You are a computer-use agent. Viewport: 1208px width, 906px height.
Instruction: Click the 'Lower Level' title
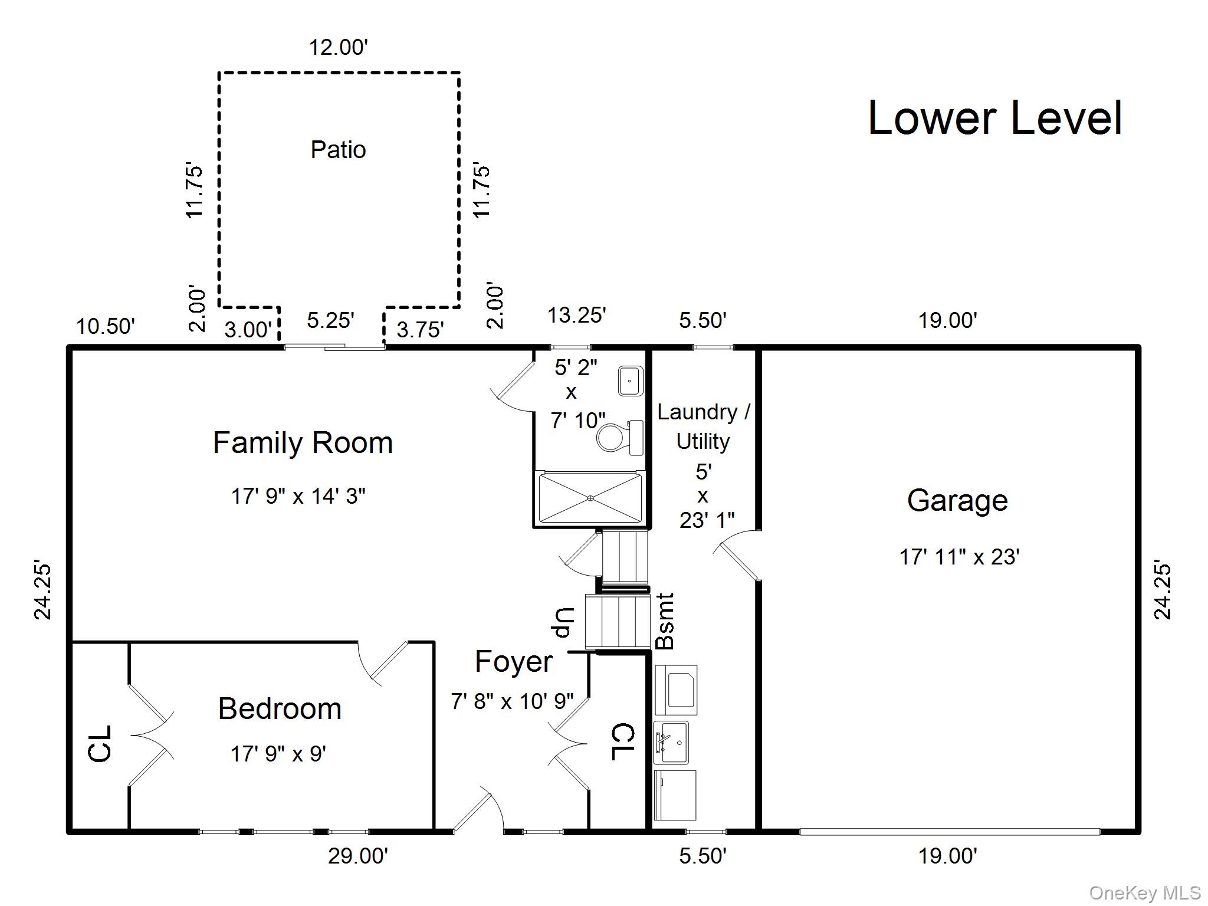click(995, 118)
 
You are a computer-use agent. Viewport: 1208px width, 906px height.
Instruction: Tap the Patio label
click(338, 150)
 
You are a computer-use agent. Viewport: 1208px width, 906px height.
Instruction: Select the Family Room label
click(303, 443)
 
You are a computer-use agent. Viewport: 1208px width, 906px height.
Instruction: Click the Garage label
click(957, 501)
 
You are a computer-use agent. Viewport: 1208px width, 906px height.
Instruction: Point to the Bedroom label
click(280, 709)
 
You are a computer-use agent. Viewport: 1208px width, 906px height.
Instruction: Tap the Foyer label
click(514, 662)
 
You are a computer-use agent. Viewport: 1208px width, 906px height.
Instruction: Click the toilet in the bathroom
click(619, 438)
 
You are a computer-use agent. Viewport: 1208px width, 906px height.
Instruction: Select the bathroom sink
click(631, 381)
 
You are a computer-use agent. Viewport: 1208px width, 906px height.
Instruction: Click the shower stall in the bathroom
click(590, 498)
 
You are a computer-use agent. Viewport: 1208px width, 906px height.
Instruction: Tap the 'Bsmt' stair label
click(665, 621)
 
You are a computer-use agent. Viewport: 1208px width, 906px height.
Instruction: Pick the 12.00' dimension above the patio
click(339, 47)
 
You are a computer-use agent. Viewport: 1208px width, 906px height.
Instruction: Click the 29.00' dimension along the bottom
click(358, 856)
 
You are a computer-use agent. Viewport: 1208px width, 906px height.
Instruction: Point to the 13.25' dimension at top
click(576, 315)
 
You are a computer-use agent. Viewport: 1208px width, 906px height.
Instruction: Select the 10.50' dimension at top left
click(106, 326)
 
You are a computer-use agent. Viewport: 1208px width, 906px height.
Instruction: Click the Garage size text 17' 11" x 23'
click(960, 557)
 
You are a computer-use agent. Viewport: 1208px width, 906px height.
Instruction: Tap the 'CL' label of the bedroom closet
click(100, 744)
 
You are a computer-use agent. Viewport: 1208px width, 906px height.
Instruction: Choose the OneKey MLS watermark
click(1145, 893)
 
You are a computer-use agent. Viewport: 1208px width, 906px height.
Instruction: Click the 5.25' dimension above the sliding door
click(330, 320)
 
